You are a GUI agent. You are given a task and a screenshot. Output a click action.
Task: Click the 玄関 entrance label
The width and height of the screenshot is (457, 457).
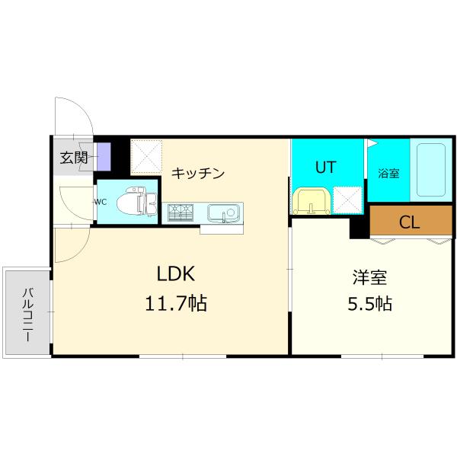(x=74, y=158)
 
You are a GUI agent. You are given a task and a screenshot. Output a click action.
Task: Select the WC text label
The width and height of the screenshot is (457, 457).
(x=101, y=202)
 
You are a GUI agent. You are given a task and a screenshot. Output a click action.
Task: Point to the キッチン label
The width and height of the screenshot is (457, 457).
(x=197, y=173)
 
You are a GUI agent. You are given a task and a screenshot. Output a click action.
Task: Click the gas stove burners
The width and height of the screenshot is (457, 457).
(x=181, y=212)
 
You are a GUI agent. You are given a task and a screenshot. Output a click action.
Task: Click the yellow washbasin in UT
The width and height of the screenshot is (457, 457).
(x=311, y=202)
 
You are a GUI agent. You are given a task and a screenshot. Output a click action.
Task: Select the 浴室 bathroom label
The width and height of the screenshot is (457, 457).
(x=388, y=173)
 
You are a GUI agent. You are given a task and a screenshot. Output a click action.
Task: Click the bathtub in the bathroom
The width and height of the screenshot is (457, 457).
(x=430, y=169)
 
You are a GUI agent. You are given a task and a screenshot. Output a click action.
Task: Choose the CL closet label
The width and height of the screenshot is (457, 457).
(x=410, y=222)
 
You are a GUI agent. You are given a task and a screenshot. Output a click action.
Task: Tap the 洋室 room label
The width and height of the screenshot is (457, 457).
(x=369, y=276)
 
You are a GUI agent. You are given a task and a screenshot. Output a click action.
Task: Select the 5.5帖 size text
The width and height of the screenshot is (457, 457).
(x=369, y=305)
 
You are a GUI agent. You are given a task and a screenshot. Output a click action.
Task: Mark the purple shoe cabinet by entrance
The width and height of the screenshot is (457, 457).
(x=103, y=156)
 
